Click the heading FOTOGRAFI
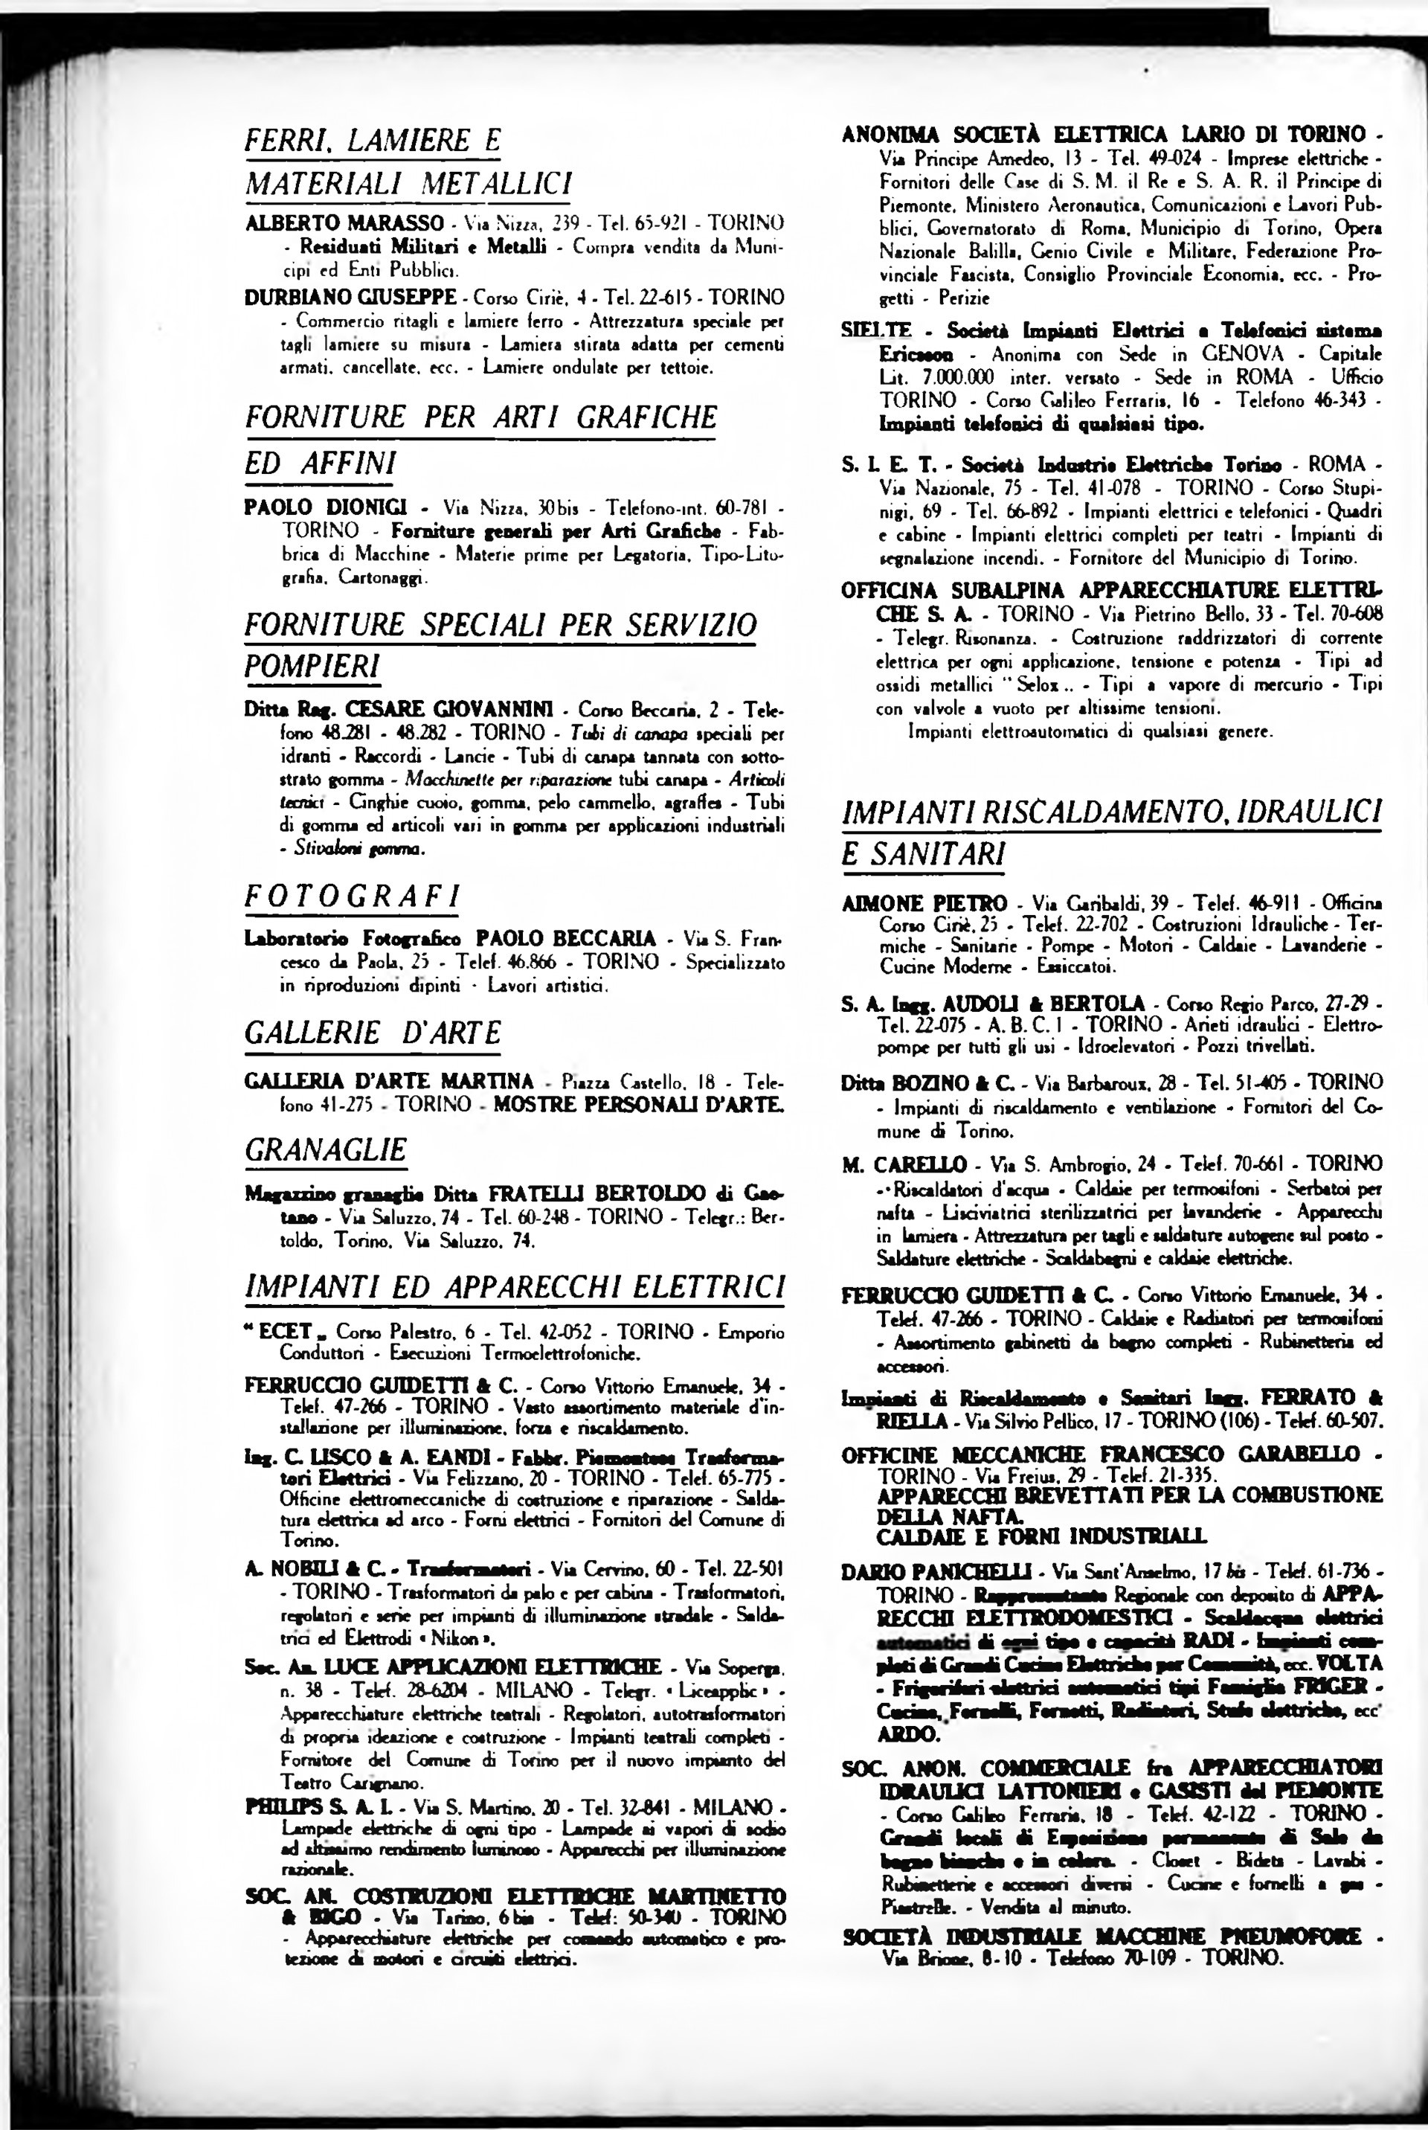[353, 896]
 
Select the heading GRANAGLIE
[325, 1149]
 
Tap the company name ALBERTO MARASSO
[344, 223]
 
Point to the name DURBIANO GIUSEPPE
[350, 297]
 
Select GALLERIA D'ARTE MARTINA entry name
[389, 1082]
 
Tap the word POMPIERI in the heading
[312, 666]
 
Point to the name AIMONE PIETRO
[924, 903]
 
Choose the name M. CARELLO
[904, 1164]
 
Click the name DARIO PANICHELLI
[936, 1571]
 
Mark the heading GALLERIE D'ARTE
[373, 1033]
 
